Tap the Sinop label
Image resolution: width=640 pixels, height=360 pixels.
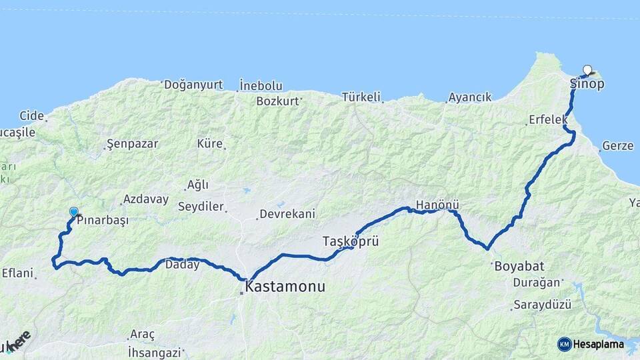point(587,84)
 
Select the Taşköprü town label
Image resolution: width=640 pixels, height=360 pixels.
point(351,241)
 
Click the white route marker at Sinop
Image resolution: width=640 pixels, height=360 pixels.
point(587,69)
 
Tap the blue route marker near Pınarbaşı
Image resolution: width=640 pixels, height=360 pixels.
point(73,212)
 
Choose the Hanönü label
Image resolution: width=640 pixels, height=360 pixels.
point(437,205)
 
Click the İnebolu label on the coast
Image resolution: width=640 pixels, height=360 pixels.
point(261,86)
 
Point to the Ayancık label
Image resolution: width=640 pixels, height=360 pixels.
point(470,97)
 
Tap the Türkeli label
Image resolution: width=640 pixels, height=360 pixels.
point(361,97)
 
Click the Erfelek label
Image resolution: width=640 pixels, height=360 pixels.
point(547,120)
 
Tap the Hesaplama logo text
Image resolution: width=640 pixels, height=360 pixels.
point(599,345)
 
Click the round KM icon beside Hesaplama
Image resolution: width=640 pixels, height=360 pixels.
point(564,344)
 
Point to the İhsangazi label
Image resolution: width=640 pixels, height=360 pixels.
point(155,351)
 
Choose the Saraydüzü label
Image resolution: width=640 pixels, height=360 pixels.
point(542,305)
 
